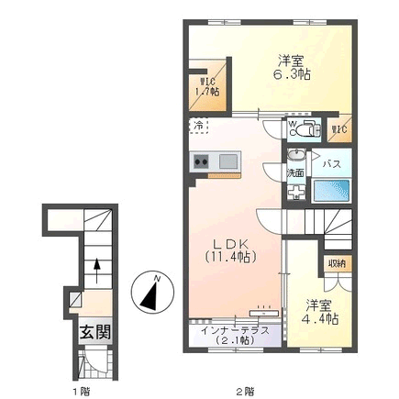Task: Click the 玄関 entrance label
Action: (x=95, y=332)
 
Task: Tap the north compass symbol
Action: (x=152, y=292)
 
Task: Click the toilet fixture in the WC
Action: (x=309, y=128)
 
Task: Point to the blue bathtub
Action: (x=332, y=190)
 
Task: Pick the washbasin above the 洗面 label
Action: (x=295, y=155)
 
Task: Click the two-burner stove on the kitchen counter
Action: (x=201, y=161)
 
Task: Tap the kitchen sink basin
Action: (x=227, y=161)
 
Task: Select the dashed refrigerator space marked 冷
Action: (x=198, y=126)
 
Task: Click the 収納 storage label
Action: (x=338, y=263)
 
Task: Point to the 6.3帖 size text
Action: (x=292, y=74)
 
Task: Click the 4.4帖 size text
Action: (x=320, y=319)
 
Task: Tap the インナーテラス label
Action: (x=235, y=331)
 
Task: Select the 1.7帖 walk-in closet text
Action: (x=207, y=92)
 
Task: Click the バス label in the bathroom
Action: (x=332, y=164)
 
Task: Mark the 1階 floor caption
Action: (x=81, y=391)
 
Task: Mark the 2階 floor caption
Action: (x=245, y=391)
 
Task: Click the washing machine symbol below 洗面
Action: (x=296, y=192)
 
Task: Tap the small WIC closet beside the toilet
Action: (x=339, y=129)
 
